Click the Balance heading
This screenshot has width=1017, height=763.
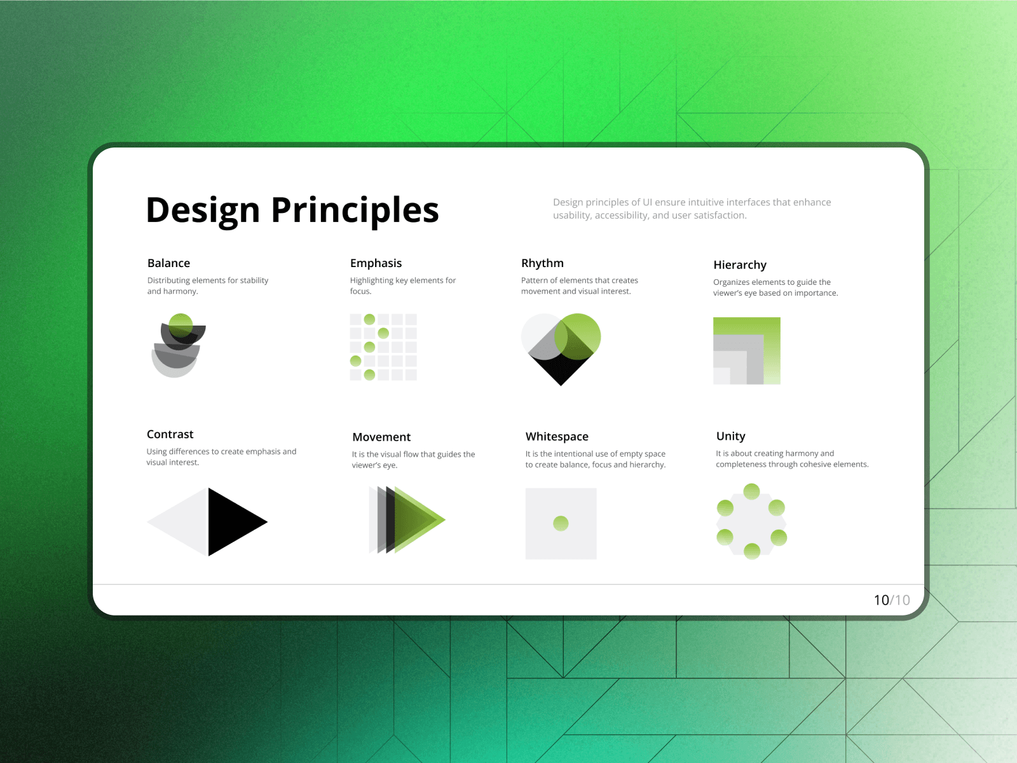point(168,263)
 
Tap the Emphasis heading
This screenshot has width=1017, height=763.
point(376,263)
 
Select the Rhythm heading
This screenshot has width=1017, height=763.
point(542,263)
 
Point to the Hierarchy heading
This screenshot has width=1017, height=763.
point(740,265)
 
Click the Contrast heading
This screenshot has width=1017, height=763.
point(170,434)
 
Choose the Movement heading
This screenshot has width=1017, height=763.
point(381,437)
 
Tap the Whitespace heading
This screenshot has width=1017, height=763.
point(557,436)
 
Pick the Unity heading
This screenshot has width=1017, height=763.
point(731,436)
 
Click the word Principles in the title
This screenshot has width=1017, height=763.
point(355,210)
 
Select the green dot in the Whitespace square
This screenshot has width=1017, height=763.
point(561,523)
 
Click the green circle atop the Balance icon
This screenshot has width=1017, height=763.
point(181,325)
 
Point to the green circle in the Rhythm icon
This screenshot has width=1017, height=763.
point(577,337)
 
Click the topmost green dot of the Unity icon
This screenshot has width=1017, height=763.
point(751,491)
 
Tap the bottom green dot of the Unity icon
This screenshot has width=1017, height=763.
point(751,551)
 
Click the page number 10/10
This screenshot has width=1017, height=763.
point(891,600)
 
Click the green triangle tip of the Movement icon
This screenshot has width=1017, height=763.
point(445,519)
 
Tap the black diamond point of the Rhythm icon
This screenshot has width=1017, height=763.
point(561,385)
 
